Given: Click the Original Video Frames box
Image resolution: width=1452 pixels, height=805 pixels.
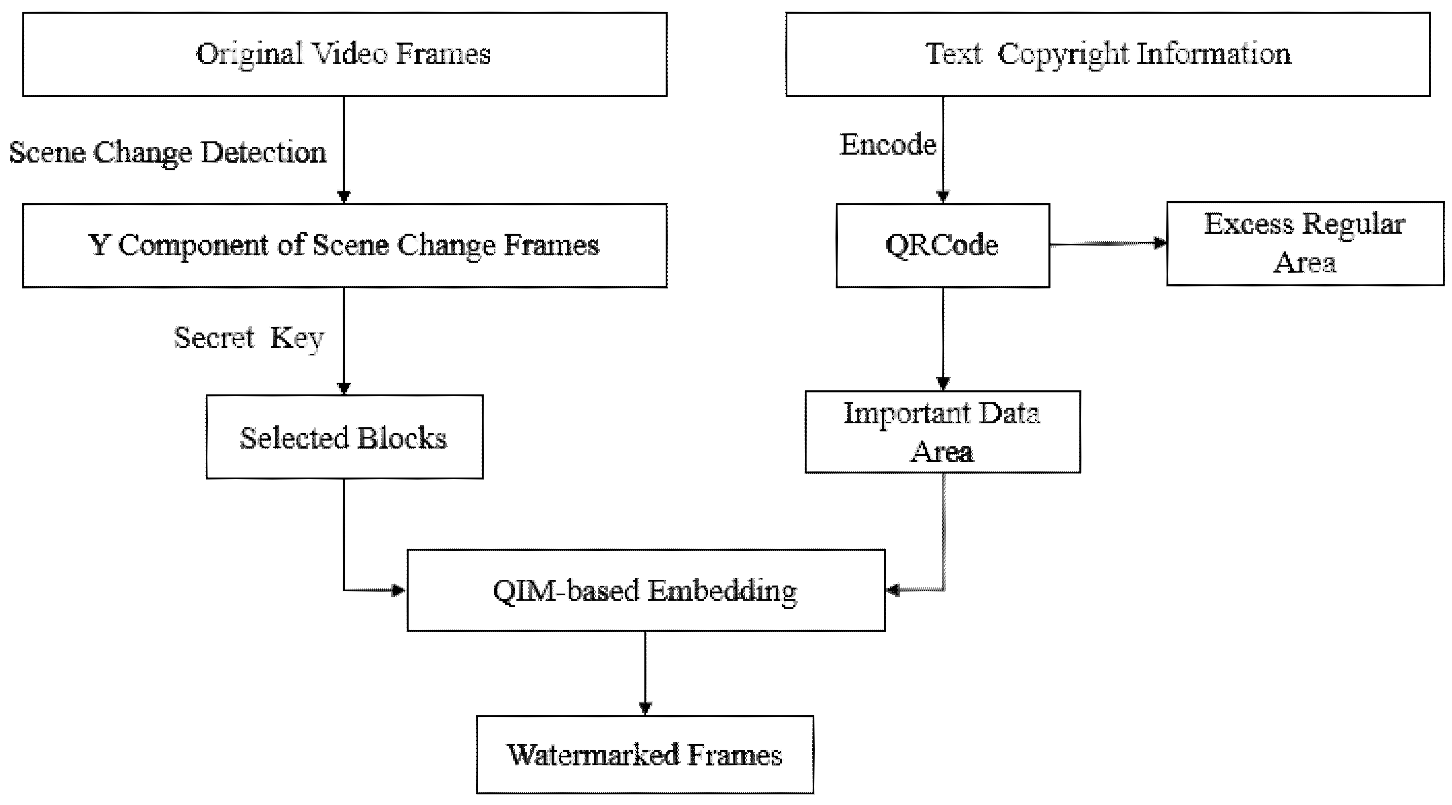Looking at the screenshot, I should [344, 54].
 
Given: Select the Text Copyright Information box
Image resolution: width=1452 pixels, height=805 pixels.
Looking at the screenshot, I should [1108, 54].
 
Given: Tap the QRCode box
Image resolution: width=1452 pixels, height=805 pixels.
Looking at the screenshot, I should [942, 245].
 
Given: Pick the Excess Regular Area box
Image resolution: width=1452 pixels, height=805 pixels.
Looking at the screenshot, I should [1304, 243].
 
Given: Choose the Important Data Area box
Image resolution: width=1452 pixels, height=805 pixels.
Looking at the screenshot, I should [942, 432].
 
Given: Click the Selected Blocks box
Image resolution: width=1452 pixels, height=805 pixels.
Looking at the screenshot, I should [344, 437].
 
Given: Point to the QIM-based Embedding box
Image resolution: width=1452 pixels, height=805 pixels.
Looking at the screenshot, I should [645, 590].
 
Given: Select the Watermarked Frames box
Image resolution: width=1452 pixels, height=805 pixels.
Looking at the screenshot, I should [645, 754].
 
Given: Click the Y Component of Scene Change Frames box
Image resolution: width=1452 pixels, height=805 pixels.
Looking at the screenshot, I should [344, 245].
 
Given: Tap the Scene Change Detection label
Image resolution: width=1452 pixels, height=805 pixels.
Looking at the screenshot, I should [168, 152].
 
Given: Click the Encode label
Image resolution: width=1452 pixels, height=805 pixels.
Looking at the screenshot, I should [888, 144].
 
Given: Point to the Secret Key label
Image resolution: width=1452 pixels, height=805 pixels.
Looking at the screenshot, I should [248, 338].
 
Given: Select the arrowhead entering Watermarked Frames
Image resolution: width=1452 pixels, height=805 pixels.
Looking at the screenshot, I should [645, 708].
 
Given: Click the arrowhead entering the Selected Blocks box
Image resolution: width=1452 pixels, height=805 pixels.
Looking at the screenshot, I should [344, 388].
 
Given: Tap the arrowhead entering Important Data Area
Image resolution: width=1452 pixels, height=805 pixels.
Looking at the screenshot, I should [943, 383].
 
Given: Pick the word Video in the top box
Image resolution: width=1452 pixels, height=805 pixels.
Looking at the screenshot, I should [349, 54].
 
